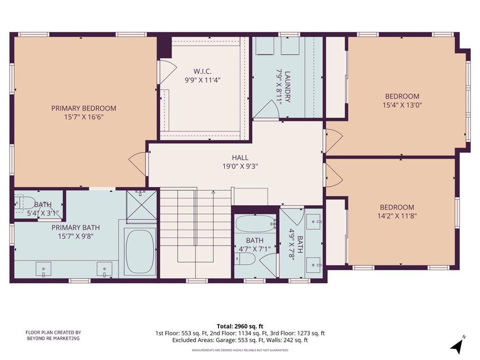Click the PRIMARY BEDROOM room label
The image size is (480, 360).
[83, 108]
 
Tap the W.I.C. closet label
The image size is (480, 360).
[202, 72]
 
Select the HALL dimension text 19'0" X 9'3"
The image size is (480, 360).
[240, 166]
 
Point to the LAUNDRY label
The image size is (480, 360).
[287, 87]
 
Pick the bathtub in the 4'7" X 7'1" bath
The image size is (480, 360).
[255, 224]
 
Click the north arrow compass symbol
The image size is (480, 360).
[457, 344]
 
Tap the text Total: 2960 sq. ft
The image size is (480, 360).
[240, 326]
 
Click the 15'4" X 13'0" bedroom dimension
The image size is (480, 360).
[402, 105]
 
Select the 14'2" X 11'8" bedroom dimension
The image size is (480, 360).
[397, 216]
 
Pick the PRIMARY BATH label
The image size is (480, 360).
[75, 228]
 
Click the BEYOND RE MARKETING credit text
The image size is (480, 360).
[53, 338]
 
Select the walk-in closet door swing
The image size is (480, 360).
[167, 71]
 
